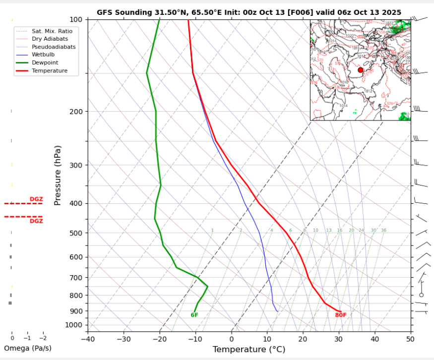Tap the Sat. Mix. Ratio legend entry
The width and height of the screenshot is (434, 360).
click(52, 31)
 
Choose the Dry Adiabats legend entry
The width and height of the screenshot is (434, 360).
click(50, 39)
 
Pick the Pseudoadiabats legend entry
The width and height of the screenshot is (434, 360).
click(54, 47)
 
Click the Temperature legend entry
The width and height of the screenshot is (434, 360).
click(49, 71)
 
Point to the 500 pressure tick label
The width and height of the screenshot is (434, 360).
click(75, 233)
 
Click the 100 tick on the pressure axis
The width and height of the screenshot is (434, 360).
click(75, 19)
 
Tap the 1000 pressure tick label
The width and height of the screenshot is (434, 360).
click(73, 325)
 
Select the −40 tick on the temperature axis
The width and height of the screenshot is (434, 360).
click(88, 340)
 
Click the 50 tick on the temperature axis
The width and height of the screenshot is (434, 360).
click(410, 340)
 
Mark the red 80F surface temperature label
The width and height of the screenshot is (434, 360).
click(341, 315)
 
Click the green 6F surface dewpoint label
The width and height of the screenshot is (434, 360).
click(194, 315)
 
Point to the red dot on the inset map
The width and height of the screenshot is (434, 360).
click(361, 70)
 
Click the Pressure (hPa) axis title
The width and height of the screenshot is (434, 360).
click(58, 176)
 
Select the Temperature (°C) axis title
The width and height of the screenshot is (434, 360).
click(249, 350)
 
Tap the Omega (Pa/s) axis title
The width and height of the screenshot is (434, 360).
click(28, 348)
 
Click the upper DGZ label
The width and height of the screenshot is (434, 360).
click(36, 199)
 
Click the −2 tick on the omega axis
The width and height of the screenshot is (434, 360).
click(43, 338)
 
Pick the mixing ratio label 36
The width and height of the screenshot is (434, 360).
click(383, 231)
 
